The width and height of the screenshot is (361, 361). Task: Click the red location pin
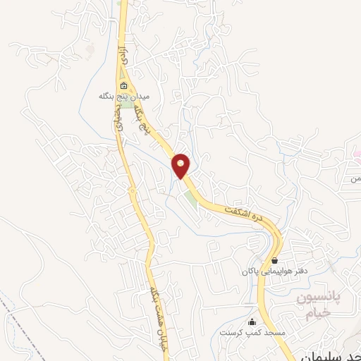(x=182, y=165)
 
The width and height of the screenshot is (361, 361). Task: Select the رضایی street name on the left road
(x=117, y=121)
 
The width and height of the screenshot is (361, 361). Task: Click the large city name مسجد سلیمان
(x=331, y=353)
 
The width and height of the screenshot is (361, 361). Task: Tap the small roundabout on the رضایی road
(x=132, y=190)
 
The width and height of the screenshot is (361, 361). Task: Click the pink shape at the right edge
(x=357, y=154)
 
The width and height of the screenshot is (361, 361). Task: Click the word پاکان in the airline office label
(x=250, y=271)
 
